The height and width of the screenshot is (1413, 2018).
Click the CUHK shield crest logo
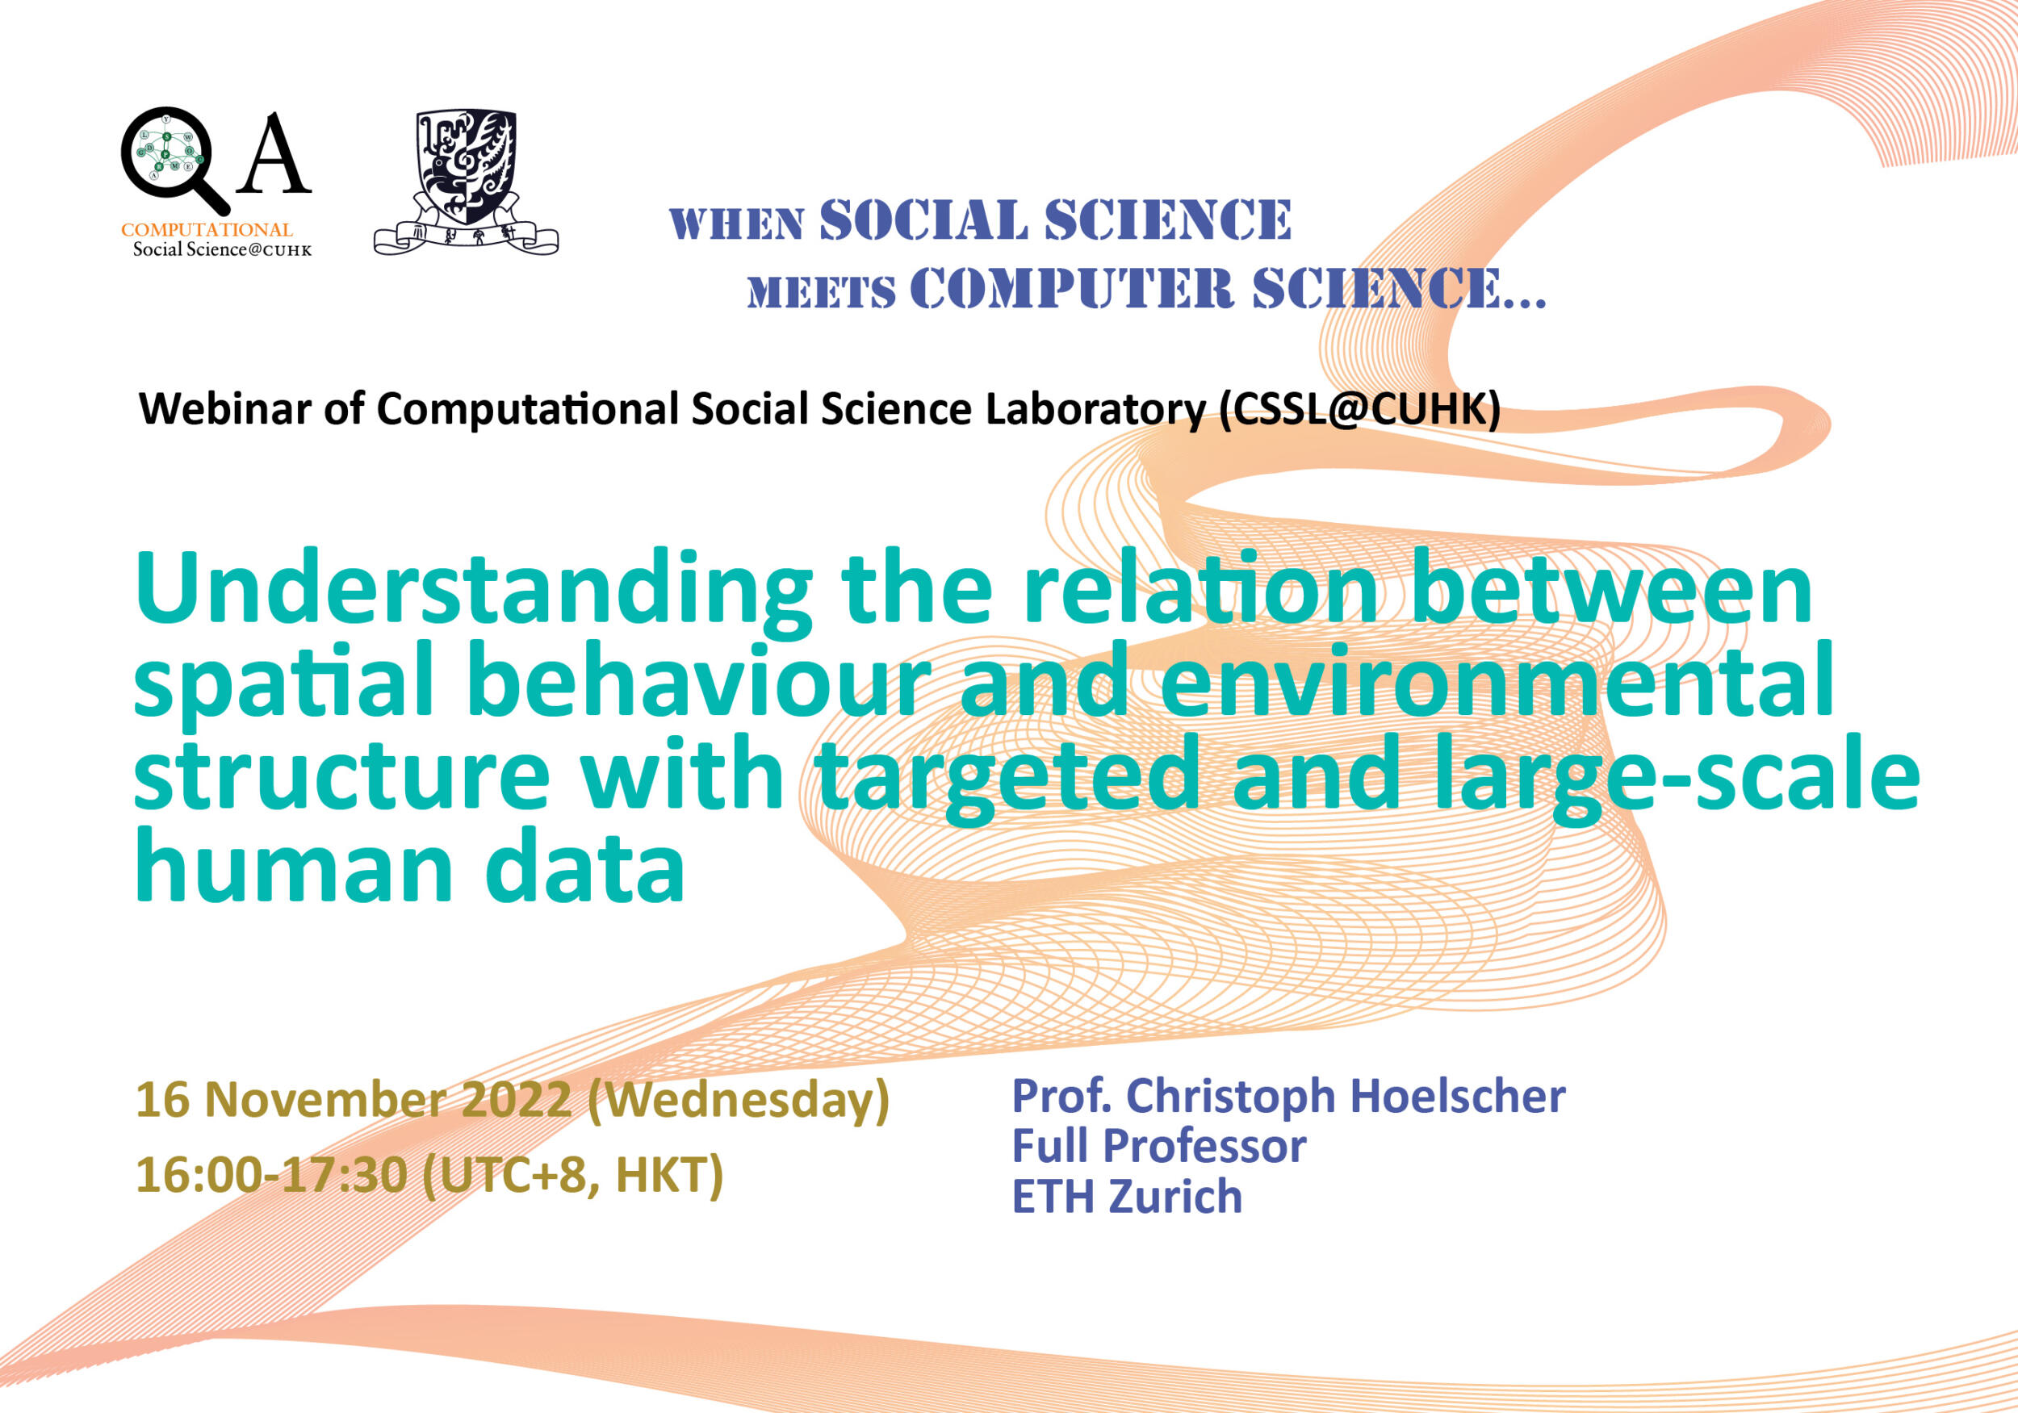[466, 182]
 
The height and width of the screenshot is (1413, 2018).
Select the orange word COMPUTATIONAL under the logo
[207, 229]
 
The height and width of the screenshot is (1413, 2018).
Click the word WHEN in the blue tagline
[736, 224]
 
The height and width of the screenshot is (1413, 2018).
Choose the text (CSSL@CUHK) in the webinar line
[1359, 409]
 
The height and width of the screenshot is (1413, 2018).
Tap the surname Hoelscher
[1457, 1096]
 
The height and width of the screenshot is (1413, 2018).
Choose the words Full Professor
[1158, 1146]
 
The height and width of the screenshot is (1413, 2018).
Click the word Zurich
[1175, 1197]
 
